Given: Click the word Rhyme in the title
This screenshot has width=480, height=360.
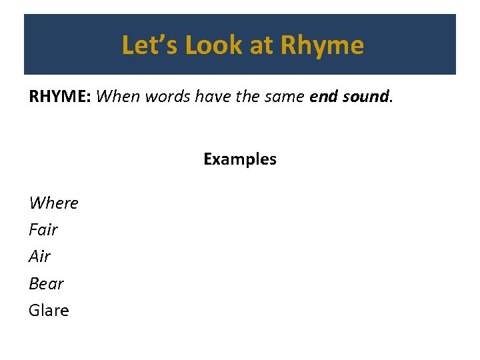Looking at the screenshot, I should [x=322, y=45].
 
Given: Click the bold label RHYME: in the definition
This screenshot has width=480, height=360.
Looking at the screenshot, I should [x=60, y=97].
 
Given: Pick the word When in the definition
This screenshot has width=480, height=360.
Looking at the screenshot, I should [x=117, y=97].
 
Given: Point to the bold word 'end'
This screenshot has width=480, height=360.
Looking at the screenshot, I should [x=323, y=97].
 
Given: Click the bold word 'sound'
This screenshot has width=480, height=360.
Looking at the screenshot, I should [x=365, y=97].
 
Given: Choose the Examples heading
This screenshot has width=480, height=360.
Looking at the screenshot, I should [x=240, y=159].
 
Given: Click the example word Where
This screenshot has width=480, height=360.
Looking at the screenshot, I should [x=53, y=203].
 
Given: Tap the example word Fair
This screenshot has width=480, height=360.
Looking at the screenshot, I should [x=43, y=230].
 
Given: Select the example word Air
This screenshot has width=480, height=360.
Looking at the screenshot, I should [x=40, y=257].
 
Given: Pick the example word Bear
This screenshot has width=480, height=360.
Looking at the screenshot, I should [x=46, y=283].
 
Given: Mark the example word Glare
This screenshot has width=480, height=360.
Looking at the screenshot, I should [x=49, y=310].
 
